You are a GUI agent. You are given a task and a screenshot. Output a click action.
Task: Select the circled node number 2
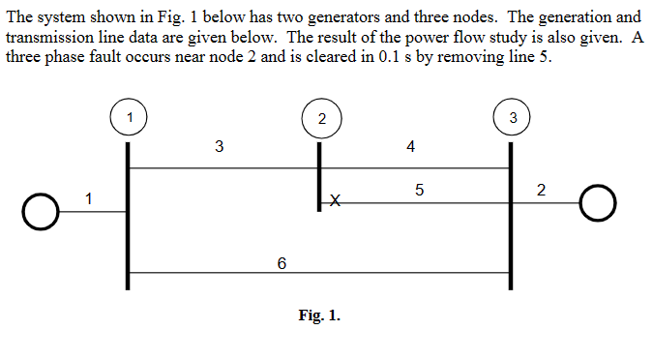coord(320,118)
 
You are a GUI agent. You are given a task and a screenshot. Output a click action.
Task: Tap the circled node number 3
coord(512,117)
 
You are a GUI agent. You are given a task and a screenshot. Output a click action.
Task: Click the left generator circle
coord(40,210)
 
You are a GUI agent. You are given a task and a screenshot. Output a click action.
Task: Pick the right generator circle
coord(599,202)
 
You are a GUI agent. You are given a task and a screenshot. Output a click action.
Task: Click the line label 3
coord(220,147)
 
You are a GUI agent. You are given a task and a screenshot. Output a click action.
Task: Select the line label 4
coord(411,147)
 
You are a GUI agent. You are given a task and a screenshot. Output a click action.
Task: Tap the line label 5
coord(418,191)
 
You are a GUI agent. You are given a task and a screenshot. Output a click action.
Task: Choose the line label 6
coord(282,262)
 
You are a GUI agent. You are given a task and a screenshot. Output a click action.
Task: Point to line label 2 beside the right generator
coord(541,190)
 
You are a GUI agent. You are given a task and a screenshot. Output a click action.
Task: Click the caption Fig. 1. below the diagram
coord(319,315)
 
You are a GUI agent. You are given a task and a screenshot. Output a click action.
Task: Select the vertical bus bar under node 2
coord(320,175)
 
